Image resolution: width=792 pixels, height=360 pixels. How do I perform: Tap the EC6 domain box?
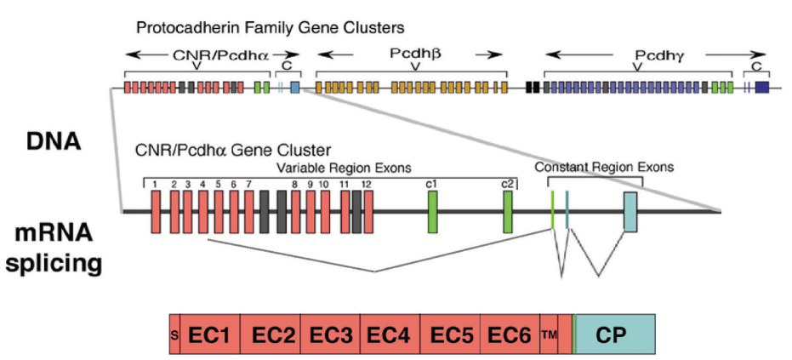coord(508,334)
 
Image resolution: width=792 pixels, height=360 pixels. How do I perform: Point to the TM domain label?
coord(548,334)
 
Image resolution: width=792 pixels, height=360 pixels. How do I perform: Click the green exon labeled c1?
coord(432,211)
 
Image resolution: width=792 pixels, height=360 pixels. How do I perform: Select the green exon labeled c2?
coord(508,211)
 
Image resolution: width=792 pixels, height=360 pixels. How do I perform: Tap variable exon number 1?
coord(157,211)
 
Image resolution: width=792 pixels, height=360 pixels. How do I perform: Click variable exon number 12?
coord(368,211)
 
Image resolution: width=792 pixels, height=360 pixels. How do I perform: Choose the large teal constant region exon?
coord(630,211)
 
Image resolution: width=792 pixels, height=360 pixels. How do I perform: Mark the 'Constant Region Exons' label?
coord(604,167)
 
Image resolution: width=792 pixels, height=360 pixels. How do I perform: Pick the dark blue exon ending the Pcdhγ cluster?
coord(761,87)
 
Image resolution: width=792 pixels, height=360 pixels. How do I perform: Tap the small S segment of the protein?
coord(174,334)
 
